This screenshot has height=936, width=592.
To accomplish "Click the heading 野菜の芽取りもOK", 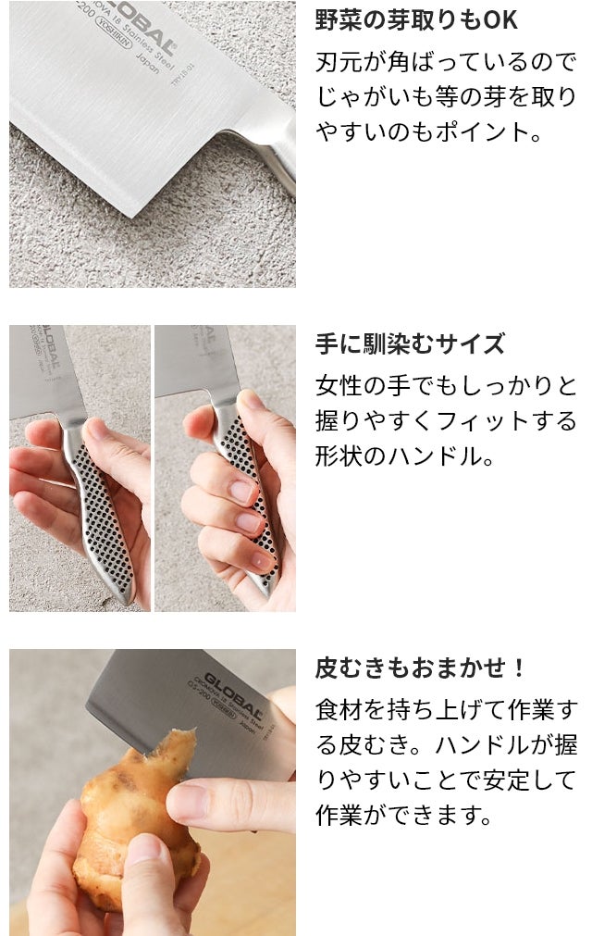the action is click(x=416, y=19).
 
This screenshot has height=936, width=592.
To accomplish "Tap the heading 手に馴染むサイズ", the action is click(x=410, y=344).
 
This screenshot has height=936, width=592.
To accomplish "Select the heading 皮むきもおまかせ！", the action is click(x=420, y=668).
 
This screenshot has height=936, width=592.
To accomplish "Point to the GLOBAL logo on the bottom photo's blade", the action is click(x=232, y=695).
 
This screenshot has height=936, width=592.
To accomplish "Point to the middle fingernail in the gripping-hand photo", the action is click(x=249, y=523).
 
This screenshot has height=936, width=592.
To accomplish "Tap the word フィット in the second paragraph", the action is click(x=482, y=421).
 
